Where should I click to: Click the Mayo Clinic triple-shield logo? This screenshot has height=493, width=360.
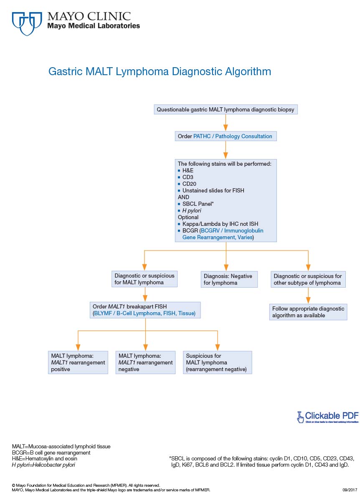coord(27,23)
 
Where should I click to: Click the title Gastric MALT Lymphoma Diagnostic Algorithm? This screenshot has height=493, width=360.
coord(160,71)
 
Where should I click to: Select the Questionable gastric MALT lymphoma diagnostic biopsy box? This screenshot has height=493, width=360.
coord(226,110)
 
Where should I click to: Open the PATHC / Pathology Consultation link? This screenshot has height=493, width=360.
coord(233,136)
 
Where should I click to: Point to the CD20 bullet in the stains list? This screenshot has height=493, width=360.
coord(189,184)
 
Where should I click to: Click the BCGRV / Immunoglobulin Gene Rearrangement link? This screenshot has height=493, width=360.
coord(232,230)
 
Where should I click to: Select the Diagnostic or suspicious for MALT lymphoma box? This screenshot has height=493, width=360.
coord(145,279)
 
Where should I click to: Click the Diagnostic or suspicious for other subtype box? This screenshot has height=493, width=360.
coord(308,279)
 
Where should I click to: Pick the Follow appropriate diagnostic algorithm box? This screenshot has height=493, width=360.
coord(308,312)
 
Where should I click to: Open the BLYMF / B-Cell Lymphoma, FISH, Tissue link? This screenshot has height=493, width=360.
coord(144,313)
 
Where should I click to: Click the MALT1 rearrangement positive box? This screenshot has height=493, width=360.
coord(78,362)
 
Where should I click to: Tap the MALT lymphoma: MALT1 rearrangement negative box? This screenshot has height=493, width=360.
coord(145,362)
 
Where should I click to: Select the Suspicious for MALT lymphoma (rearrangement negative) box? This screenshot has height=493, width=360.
coord(217,362)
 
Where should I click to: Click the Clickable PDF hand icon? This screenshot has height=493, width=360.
coord(300,416)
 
